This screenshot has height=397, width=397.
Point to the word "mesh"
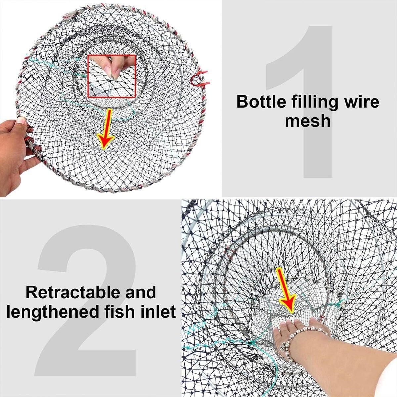pos(308,121)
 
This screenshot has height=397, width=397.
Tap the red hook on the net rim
pos(199,79)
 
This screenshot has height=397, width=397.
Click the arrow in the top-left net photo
pos(106,129)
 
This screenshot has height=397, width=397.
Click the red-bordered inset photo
pos(112,76)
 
